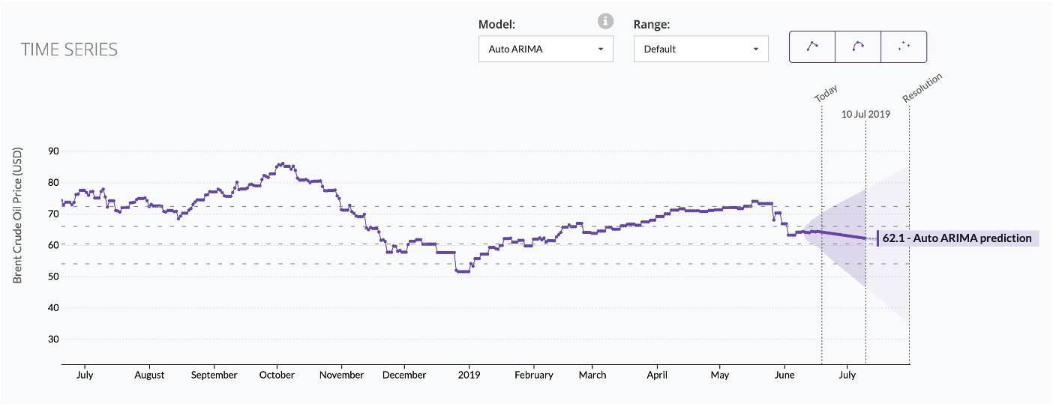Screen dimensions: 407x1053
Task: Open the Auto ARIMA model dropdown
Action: (545, 49)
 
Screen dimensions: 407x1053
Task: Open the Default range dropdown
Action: (700, 49)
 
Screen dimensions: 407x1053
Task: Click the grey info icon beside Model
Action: (605, 22)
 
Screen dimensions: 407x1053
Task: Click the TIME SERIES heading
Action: (69, 49)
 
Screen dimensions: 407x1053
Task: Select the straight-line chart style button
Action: (812, 46)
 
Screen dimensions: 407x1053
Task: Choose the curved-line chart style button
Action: (858, 46)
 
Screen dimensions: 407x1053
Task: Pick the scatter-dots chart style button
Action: (904, 46)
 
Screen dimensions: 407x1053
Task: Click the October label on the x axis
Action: (277, 375)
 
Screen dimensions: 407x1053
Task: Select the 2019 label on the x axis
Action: (469, 375)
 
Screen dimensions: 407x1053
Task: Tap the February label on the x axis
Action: (533, 375)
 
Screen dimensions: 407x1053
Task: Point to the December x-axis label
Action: (404, 375)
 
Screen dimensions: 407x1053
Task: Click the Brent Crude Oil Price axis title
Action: (18, 215)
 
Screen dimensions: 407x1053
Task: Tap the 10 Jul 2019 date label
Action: (865, 115)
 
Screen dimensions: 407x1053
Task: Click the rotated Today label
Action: (826, 94)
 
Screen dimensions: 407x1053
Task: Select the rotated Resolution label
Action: (922, 88)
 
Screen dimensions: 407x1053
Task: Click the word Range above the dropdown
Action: (651, 24)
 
